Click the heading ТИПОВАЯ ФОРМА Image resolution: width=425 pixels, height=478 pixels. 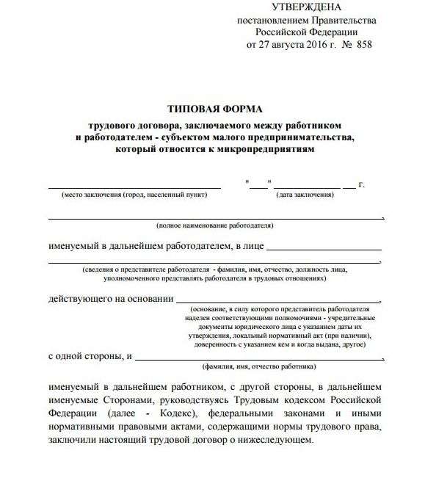[212, 109]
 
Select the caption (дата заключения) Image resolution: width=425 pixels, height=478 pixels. [305, 196]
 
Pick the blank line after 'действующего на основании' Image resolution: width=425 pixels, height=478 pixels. [279, 301]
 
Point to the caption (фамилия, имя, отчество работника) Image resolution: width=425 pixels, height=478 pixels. [258, 366]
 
